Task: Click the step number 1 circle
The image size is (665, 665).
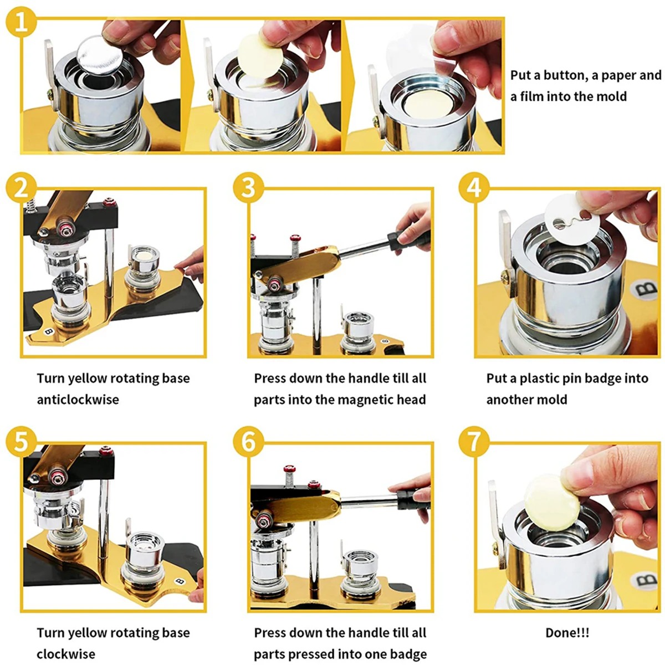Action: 21,22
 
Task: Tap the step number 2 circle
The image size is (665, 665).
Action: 21,188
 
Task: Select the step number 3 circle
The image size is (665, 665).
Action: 248,188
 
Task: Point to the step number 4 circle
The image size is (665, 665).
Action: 474,188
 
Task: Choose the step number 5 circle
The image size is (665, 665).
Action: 21,442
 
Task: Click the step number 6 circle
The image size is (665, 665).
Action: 248,442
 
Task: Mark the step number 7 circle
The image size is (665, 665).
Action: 474,442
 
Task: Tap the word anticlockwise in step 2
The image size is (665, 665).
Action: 78,399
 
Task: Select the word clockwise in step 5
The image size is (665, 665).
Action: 66,654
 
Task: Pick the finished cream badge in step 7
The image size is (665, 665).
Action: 552,502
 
